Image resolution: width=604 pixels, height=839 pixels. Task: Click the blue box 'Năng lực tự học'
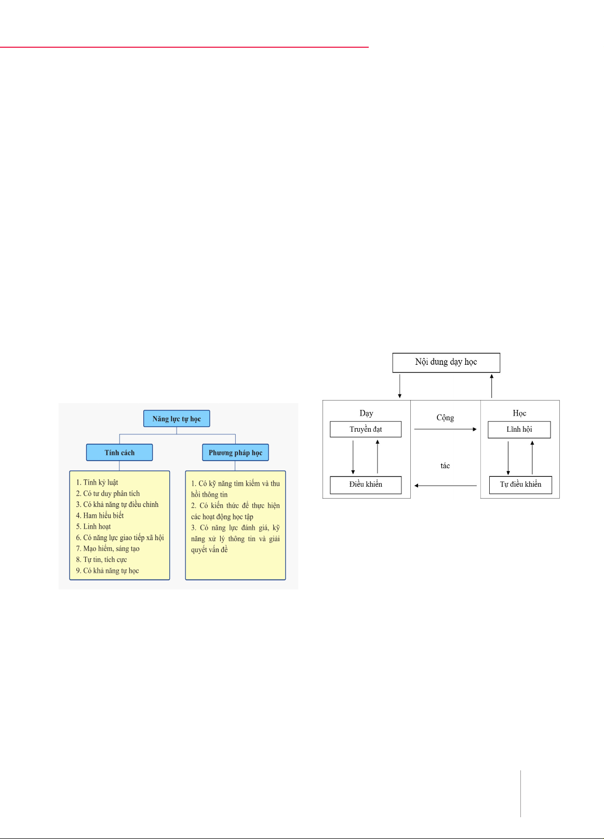pyautogui.click(x=177, y=418)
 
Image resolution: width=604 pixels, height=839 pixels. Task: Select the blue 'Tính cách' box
pyautogui.click(x=119, y=452)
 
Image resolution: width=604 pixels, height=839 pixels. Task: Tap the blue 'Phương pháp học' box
pyautogui.click(x=235, y=452)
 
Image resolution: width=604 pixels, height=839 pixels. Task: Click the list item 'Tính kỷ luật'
pyautogui.click(x=97, y=483)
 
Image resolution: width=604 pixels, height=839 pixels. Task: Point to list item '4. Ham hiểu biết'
pyautogui.click(x=100, y=515)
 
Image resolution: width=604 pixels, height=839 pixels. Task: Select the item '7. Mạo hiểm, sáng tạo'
pyautogui.click(x=108, y=548)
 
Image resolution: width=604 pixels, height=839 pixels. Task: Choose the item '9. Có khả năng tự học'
pyautogui.click(x=107, y=570)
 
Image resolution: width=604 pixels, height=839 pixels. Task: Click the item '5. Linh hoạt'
pyautogui.click(x=93, y=526)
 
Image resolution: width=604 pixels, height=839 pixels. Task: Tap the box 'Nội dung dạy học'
pyautogui.click(x=446, y=363)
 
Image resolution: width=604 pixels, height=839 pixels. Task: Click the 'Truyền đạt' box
pyautogui.click(x=366, y=429)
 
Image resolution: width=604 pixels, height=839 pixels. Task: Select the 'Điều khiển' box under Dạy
pyautogui.click(x=366, y=485)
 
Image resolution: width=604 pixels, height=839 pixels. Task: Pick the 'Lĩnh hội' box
pyautogui.click(x=519, y=430)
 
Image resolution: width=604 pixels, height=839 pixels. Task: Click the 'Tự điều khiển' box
pyautogui.click(x=520, y=485)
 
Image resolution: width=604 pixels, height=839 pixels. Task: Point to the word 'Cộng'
pyautogui.click(x=445, y=418)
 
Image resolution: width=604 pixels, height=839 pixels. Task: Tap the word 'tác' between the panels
pyautogui.click(x=445, y=465)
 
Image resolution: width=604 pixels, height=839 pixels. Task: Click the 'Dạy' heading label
pyautogui.click(x=366, y=413)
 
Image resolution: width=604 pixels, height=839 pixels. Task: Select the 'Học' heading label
pyautogui.click(x=519, y=413)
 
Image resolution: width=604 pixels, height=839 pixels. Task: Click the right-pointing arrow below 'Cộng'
pyautogui.click(x=446, y=429)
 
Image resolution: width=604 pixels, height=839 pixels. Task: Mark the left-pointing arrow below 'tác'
pyautogui.click(x=446, y=486)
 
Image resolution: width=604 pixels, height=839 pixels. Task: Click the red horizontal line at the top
pyautogui.click(x=184, y=47)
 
